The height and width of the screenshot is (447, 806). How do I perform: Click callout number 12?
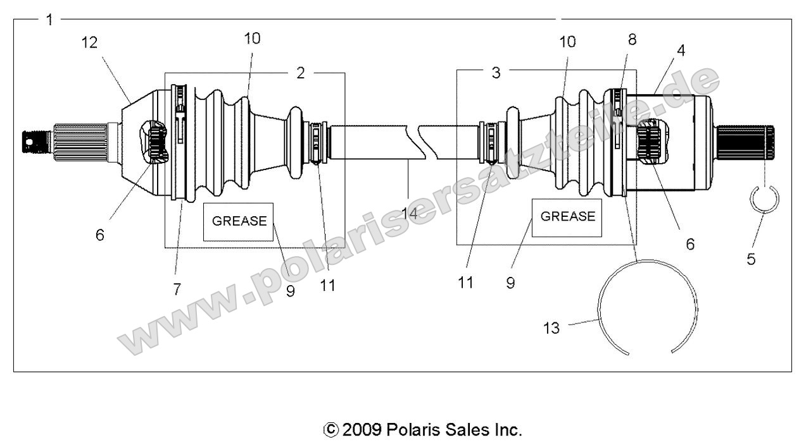(90, 43)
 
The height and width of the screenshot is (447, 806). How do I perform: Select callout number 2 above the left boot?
(301, 72)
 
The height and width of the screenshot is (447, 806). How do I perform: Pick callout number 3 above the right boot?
(496, 72)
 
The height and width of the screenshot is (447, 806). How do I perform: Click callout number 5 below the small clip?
(751, 259)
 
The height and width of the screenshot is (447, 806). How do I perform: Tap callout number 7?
(177, 289)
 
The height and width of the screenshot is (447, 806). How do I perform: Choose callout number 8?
(632, 39)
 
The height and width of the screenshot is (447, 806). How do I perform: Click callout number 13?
(551, 329)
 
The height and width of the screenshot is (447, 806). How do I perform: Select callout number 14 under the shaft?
(410, 213)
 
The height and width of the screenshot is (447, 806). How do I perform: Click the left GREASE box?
(239, 221)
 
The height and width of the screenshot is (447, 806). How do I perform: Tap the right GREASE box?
(567, 217)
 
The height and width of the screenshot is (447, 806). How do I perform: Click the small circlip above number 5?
(764, 200)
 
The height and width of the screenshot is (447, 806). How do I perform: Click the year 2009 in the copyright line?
(362, 431)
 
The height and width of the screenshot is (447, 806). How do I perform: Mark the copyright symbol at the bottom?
(331, 431)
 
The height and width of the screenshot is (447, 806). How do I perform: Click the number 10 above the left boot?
(252, 38)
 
